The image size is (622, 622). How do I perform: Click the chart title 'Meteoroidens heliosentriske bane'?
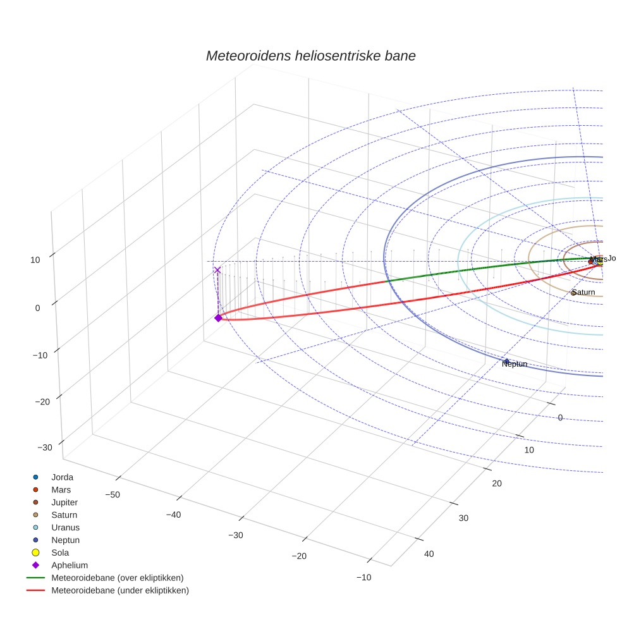310,56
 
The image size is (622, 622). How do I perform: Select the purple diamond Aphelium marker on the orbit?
218,318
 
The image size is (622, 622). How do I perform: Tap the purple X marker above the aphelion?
218,270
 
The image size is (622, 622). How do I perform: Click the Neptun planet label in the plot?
514,364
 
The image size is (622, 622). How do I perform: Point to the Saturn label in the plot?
583,293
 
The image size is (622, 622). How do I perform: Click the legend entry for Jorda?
62,477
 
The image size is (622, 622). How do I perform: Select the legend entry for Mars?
61,490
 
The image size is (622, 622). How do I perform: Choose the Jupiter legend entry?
64,503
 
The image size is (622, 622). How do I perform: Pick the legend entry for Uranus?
65,528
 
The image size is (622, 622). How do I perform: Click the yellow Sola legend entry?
60,553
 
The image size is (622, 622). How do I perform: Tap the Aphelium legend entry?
70,566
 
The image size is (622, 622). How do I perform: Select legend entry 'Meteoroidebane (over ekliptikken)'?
117,578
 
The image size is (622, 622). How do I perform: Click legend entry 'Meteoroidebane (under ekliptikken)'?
119,591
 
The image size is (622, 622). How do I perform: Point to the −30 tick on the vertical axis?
45,448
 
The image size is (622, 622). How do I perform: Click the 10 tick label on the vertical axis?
35,260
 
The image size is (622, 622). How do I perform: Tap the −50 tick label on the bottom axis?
112,494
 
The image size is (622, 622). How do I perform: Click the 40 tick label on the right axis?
429,554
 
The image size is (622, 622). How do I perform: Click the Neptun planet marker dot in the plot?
506,362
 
